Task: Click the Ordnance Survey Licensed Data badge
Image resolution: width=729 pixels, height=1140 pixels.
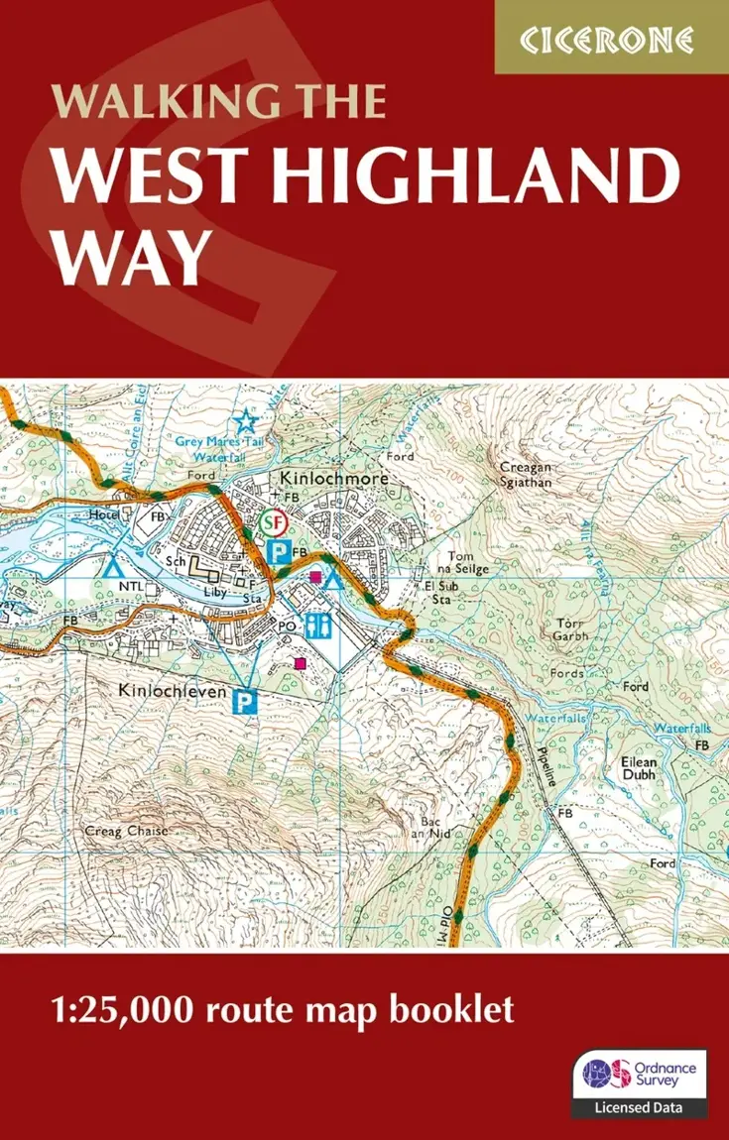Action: (640, 1083)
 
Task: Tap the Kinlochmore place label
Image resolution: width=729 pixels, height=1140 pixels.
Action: (333, 479)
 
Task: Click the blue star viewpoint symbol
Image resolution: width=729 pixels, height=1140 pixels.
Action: (244, 420)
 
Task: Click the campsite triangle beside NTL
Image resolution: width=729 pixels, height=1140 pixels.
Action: (112, 568)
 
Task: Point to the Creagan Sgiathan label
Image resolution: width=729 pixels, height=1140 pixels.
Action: (525, 474)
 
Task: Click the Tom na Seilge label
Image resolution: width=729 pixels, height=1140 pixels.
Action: (468, 562)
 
